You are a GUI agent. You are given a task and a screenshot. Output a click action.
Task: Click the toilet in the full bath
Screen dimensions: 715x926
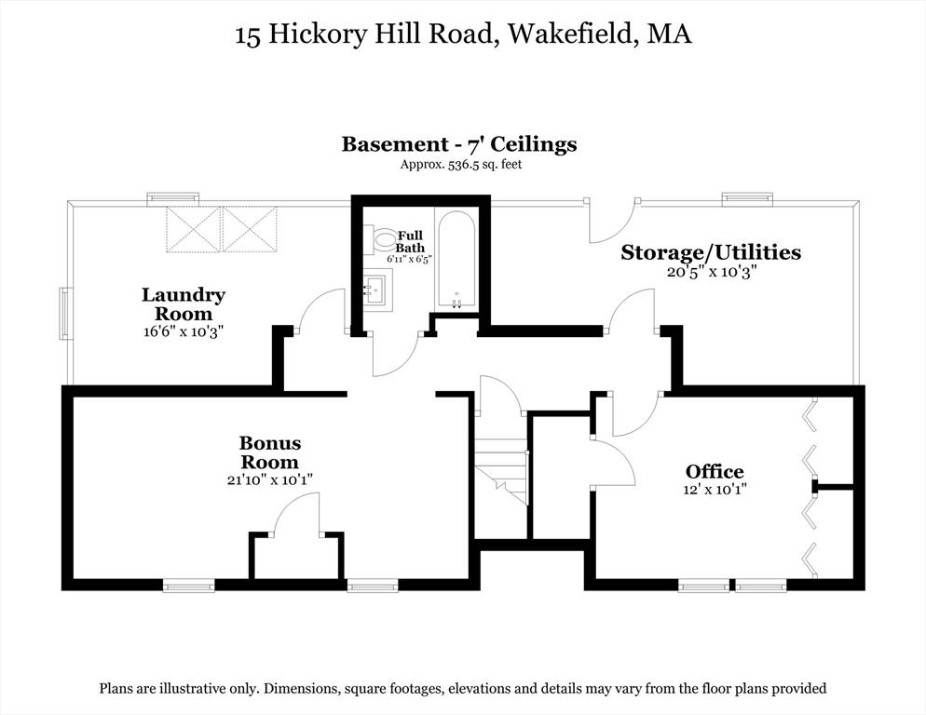coord(383,241)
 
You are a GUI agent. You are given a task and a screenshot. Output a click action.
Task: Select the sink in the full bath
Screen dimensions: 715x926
coord(375,289)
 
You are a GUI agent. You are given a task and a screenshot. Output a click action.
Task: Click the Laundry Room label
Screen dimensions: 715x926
coord(184,304)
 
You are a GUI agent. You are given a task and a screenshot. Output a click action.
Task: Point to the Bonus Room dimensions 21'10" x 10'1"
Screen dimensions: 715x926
coord(269,479)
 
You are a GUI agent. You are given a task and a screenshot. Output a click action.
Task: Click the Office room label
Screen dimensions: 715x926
coord(715,471)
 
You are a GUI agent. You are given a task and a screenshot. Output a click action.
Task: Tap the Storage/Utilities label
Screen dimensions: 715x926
coord(711,252)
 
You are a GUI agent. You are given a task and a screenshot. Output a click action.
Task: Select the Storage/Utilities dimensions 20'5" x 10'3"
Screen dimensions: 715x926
coord(711,272)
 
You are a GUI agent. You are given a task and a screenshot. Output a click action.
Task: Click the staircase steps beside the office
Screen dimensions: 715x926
coord(501,465)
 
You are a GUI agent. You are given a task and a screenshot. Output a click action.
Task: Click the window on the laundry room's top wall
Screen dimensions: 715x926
coord(172,198)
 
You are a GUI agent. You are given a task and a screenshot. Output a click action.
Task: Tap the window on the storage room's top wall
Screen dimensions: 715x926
coord(747,198)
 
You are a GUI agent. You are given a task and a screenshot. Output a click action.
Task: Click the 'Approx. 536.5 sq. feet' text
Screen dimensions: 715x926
coord(458,164)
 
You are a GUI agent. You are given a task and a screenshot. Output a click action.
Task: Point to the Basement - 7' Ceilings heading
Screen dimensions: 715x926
coord(458,144)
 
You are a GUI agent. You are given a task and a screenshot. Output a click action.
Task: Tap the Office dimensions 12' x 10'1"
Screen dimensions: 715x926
coord(715,488)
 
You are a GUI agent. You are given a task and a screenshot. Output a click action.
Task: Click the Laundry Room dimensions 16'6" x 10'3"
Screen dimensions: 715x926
coord(184,331)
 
